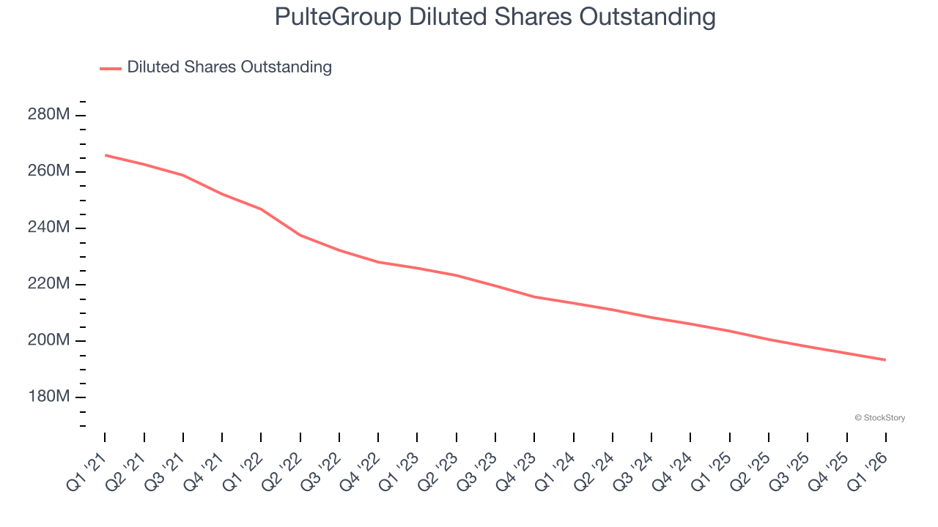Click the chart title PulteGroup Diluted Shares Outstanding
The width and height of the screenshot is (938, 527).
click(x=495, y=16)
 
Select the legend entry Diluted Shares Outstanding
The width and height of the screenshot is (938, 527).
click(x=229, y=67)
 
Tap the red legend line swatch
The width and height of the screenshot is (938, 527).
click(x=111, y=68)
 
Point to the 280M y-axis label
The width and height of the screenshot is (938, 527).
click(x=48, y=115)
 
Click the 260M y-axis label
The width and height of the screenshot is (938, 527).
click(x=48, y=171)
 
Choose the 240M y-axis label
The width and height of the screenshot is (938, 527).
click(x=48, y=228)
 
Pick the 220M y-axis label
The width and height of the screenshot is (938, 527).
click(x=48, y=284)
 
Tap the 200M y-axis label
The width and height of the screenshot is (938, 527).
click(x=48, y=340)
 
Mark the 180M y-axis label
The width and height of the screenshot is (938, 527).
click(x=48, y=397)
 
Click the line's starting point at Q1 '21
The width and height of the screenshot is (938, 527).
click(x=105, y=155)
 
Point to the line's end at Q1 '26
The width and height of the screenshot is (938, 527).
click(x=886, y=359)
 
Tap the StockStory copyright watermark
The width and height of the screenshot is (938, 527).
click(x=879, y=418)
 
